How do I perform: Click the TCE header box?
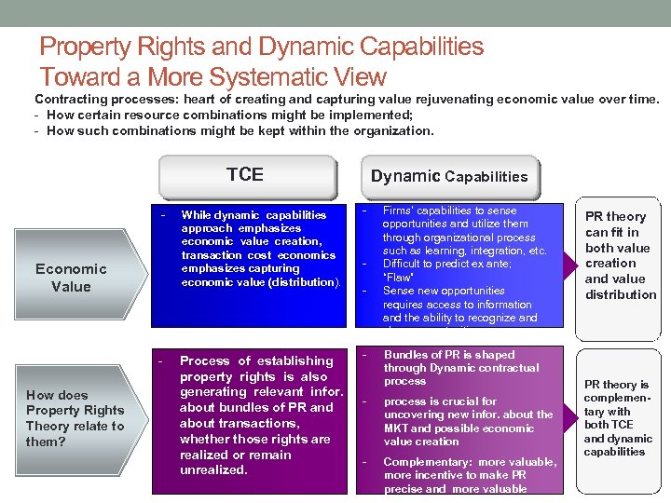(x=245, y=175)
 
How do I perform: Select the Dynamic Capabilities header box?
(x=448, y=176)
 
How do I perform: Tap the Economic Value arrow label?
(x=71, y=278)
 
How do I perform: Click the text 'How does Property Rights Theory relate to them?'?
(x=75, y=418)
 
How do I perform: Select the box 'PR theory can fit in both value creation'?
(x=620, y=255)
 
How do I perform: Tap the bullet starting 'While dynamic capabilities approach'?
(x=258, y=248)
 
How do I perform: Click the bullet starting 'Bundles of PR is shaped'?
(x=460, y=368)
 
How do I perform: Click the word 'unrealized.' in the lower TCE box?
(x=213, y=470)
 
